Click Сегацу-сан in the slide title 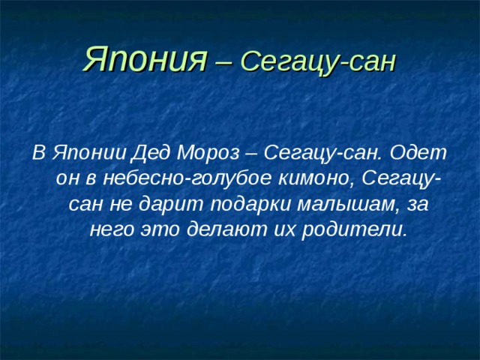click(319, 61)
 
